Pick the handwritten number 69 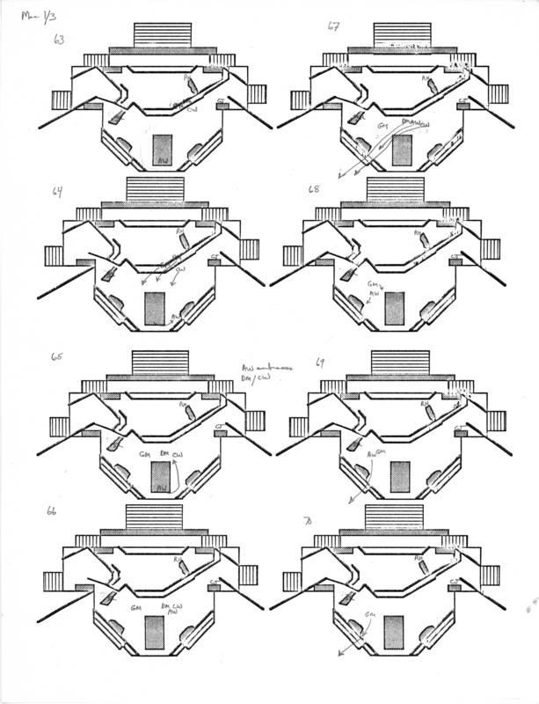(x=320, y=362)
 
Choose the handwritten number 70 (x=308, y=522)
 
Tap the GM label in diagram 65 (x=145, y=454)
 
